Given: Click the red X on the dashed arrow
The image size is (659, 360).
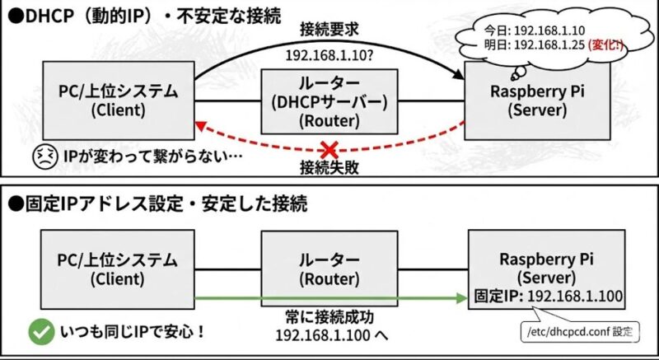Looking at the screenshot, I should click(x=329, y=150).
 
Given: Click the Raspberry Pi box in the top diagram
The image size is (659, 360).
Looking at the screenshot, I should click(x=549, y=101).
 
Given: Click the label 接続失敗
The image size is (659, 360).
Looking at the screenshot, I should click(x=329, y=170).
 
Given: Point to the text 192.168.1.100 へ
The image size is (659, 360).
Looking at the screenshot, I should click(x=329, y=338).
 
